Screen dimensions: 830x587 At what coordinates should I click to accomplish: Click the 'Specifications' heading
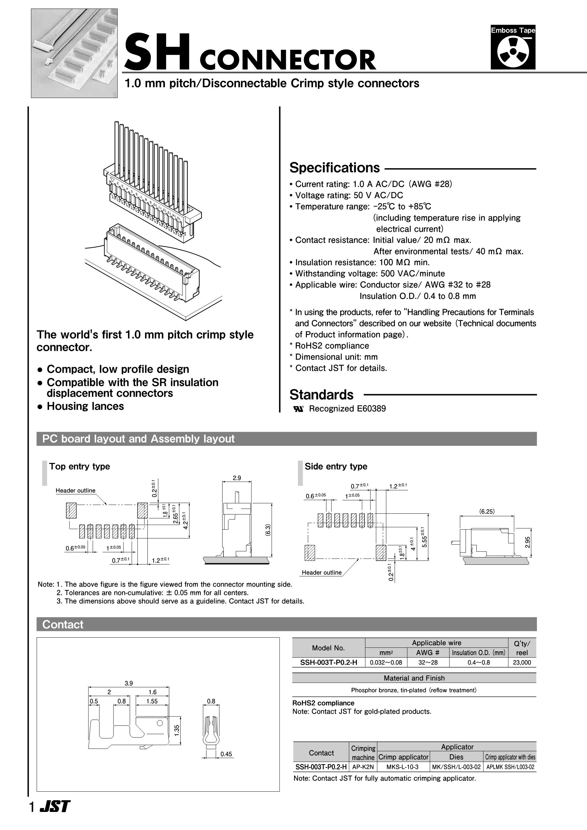(x=334, y=168)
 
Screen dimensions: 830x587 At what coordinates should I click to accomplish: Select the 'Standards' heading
(x=321, y=395)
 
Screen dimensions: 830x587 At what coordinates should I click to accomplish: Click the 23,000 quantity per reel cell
(x=522, y=663)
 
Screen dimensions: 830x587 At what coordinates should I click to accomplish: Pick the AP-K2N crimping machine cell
(x=363, y=767)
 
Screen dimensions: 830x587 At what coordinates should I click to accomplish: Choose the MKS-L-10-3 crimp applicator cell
(x=402, y=767)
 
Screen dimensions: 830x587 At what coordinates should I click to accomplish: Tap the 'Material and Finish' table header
(x=414, y=678)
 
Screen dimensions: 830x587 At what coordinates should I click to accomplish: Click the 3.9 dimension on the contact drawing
(x=129, y=683)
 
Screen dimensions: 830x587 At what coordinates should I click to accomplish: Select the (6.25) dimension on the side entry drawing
(x=487, y=512)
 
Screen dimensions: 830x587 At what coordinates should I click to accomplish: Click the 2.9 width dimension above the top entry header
(x=237, y=478)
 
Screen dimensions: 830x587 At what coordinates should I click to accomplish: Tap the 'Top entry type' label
(x=80, y=466)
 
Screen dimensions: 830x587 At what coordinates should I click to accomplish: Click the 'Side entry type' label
(x=336, y=466)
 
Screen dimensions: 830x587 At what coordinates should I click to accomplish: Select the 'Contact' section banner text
(x=63, y=624)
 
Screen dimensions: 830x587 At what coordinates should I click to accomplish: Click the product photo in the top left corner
(x=74, y=53)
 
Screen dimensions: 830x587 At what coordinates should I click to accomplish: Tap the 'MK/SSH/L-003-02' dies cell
(x=456, y=767)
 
